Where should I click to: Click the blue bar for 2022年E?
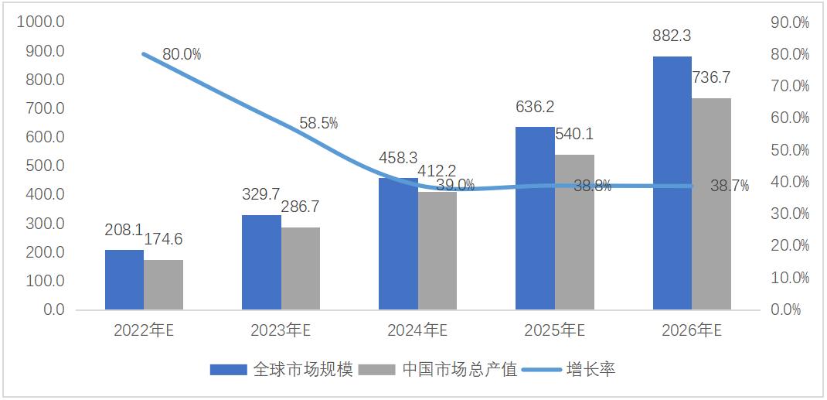coord(124,279)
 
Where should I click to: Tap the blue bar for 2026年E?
coord(672,183)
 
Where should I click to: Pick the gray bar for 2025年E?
coord(574,232)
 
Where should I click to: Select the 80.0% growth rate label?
coord(182,54)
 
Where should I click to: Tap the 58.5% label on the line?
coord(318,123)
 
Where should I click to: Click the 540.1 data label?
coord(574,134)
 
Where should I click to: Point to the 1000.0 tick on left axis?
coord(40,22)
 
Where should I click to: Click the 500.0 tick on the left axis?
coord(45,166)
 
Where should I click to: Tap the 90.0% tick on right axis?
coord(790,22)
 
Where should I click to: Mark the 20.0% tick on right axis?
coord(790,245)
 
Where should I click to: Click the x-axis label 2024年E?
coord(417,330)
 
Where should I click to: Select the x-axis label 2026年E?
coord(691,330)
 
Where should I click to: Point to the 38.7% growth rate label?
coord(730,186)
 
